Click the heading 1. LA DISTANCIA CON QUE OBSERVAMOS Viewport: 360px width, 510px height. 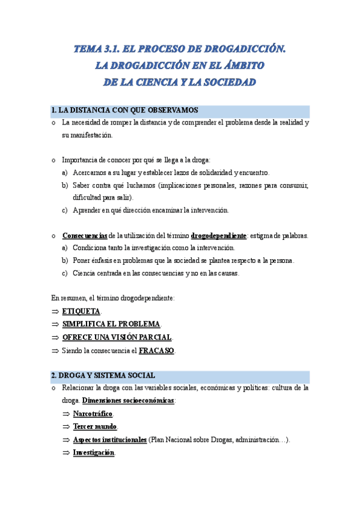tap(125, 111)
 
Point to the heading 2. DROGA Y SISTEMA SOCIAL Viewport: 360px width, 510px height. tap(103, 376)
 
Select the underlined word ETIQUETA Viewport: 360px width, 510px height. tap(81, 312)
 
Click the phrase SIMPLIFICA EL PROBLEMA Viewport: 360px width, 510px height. tap(111, 324)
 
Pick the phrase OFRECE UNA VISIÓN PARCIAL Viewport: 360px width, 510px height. tap(117, 337)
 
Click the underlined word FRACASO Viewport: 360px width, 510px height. tap(156, 351)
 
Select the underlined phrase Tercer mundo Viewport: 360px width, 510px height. tap(95, 427)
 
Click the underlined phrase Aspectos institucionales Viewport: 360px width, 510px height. tap(109, 440)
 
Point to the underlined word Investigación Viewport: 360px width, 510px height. tap(93, 453)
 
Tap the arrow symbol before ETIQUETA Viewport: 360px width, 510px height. tap(55, 312)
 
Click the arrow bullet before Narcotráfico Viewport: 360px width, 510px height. tap(66, 414)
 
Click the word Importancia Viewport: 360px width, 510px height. tap(79, 160)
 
